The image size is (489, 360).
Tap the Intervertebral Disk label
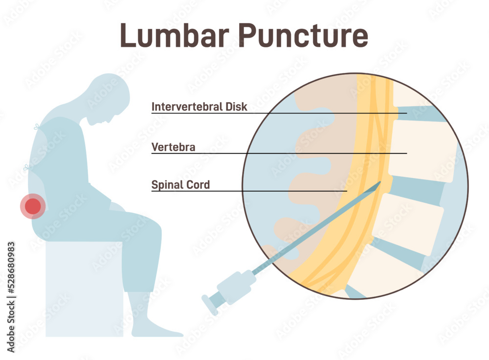point(199,107)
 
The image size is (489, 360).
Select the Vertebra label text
point(174,147)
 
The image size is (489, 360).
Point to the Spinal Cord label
point(180,185)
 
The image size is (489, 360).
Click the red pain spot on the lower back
point(33,206)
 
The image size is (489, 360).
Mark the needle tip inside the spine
point(380,182)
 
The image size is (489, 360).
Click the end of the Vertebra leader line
point(406,154)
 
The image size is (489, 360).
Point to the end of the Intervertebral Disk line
point(406,113)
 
